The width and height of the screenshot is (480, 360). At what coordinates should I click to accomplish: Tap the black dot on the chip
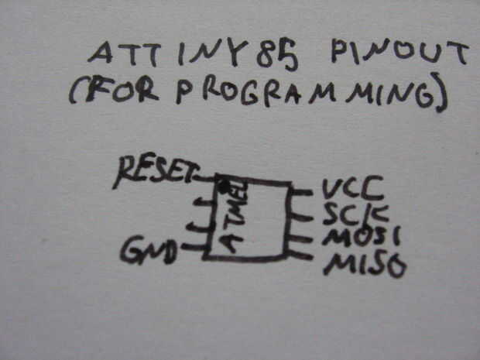point(225,187)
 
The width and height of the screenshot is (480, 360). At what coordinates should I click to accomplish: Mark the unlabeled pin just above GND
point(200,227)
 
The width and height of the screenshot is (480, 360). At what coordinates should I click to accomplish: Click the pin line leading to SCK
point(303,211)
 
